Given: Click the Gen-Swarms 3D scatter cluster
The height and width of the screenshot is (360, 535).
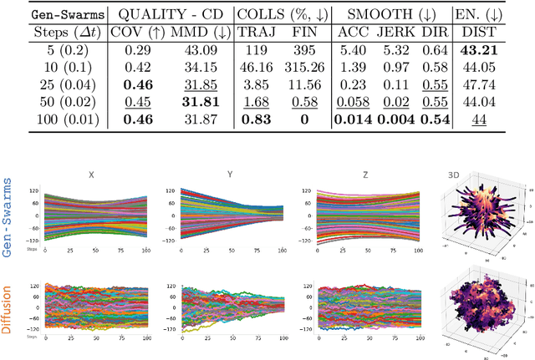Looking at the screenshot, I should (484, 219).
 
